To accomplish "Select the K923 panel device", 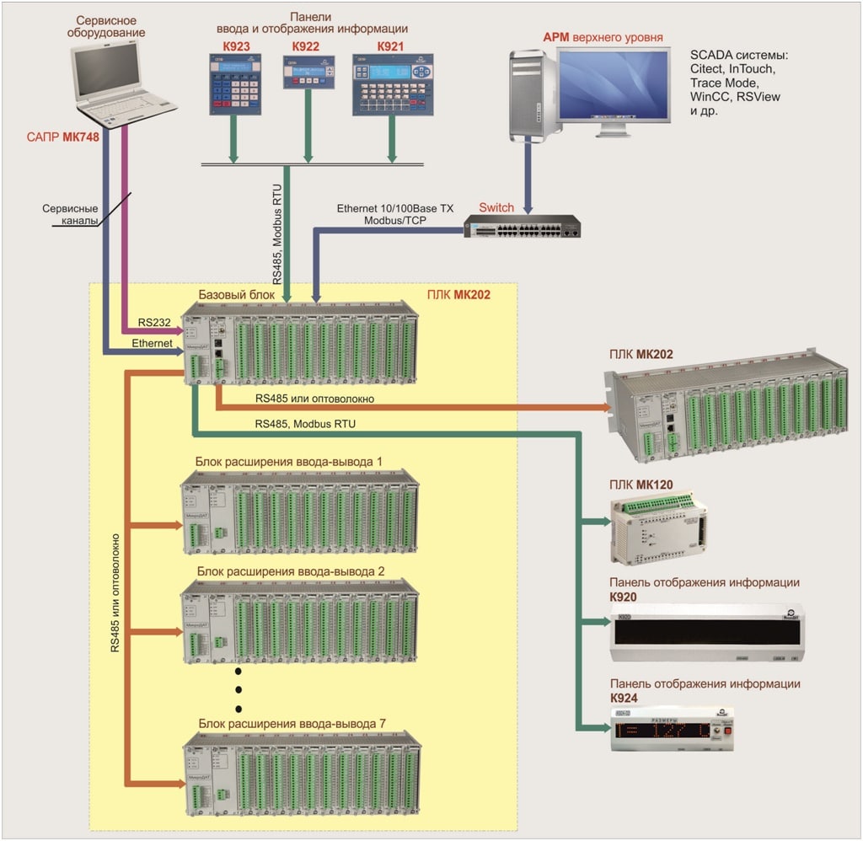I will tap(238, 84).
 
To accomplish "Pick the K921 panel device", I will tap(390, 84).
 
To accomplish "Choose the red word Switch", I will tap(496, 207).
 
